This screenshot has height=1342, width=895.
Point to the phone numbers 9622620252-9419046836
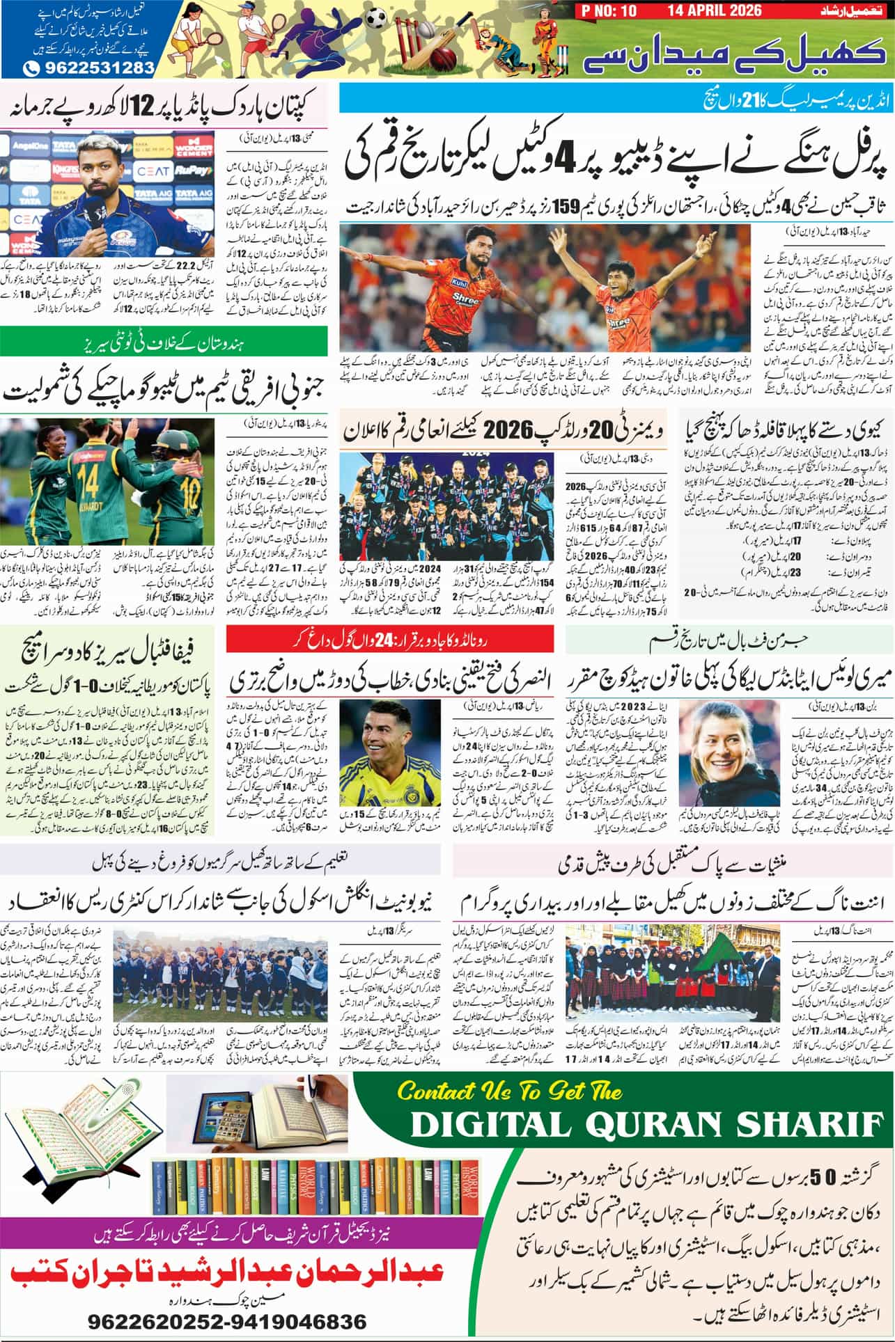click(227, 1321)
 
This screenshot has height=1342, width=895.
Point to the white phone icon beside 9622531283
click(32, 68)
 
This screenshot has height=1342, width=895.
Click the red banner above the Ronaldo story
click(389, 636)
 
